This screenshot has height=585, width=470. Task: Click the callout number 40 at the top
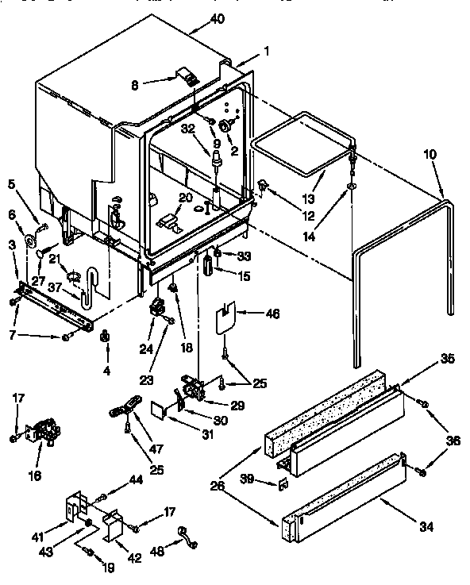[217, 19]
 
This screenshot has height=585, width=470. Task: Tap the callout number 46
[272, 314]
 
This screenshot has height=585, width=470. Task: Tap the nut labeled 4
[105, 340]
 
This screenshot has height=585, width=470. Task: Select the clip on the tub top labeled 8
[188, 78]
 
